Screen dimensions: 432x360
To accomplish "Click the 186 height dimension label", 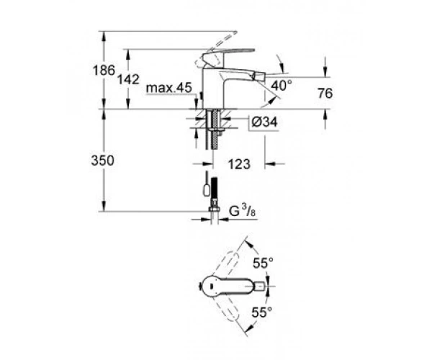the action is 104,71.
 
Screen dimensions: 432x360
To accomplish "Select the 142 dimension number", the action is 128,80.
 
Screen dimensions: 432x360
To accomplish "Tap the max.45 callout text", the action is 168,88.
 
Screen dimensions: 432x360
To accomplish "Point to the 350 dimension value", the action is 102,161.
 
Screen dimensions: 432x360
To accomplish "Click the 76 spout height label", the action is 325,94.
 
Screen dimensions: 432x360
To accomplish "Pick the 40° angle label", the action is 282,85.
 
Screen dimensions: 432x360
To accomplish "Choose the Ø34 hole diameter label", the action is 264,122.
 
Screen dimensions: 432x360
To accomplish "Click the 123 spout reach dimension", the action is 239,164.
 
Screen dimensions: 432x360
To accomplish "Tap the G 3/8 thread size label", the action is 243,212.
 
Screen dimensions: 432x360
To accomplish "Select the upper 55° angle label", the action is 264,263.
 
